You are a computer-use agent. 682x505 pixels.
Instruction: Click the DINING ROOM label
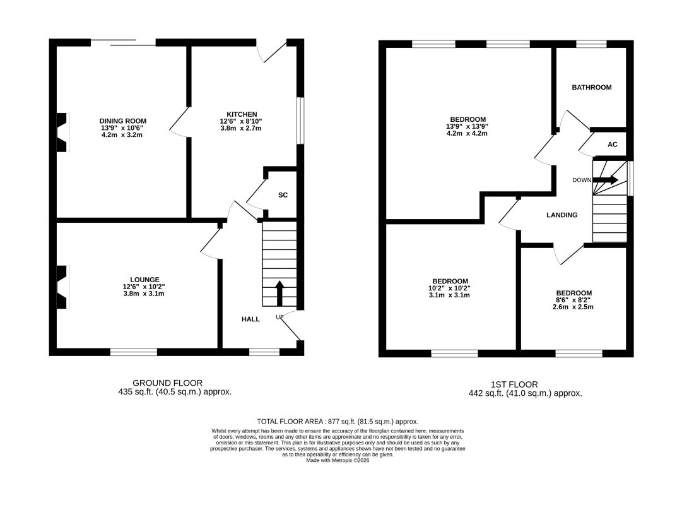click(x=122, y=121)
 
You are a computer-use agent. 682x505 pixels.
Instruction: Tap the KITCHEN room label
click(x=242, y=114)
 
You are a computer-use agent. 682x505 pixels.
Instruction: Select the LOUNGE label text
click(x=144, y=280)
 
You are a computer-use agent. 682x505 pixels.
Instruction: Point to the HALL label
click(x=250, y=319)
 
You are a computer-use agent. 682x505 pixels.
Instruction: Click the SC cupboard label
click(x=283, y=195)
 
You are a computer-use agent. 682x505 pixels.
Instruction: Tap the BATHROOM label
click(x=592, y=88)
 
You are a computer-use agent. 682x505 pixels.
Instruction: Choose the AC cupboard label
click(x=613, y=145)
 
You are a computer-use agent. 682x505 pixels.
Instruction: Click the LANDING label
click(x=562, y=215)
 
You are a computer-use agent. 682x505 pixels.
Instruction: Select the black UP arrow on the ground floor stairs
click(x=279, y=293)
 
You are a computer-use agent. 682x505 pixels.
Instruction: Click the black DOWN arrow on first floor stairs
click(x=606, y=179)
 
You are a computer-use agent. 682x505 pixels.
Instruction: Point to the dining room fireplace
click(x=63, y=133)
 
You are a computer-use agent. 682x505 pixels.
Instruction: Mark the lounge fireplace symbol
click(x=63, y=287)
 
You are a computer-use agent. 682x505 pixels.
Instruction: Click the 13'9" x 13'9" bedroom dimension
click(x=467, y=127)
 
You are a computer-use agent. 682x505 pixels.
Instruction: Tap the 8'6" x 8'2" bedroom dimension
click(x=573, y=300)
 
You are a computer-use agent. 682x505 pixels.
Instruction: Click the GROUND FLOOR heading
click(x=167, y=383)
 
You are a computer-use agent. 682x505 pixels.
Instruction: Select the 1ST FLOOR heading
click(x=514, y=384)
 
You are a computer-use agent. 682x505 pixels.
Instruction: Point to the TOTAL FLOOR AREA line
click(x=338, y=422)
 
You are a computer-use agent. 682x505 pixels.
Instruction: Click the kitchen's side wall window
click(x=300, y=121)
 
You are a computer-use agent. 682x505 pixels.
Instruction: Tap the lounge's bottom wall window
click(x=134, y=352)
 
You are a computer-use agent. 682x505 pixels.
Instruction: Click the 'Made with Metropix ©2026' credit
click(x=338, y=460)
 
